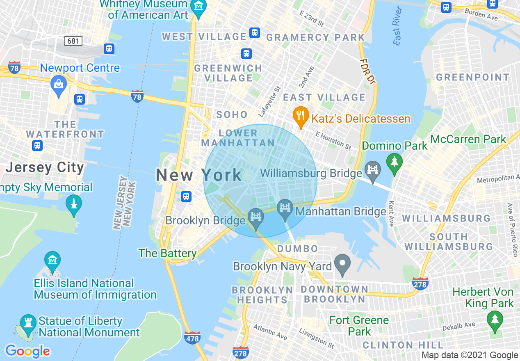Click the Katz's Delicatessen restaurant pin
301,117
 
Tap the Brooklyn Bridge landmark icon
256,219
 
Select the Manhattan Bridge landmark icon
285,209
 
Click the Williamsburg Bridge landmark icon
373,171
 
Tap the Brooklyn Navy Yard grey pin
342,264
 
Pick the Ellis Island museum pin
53,261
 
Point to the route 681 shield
73,41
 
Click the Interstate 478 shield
192,338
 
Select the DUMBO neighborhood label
297,249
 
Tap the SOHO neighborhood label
232,114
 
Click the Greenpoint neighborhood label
472,77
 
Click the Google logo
27,351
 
